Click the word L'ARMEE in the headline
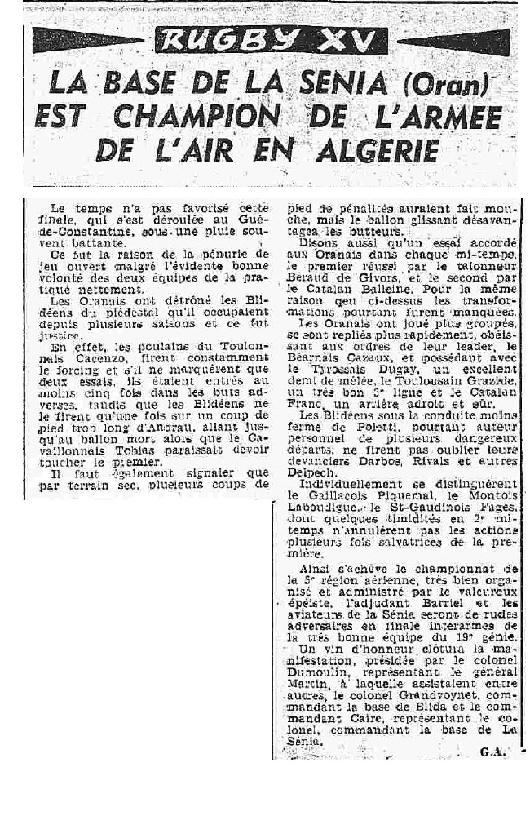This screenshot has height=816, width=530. (x=434, y=118)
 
